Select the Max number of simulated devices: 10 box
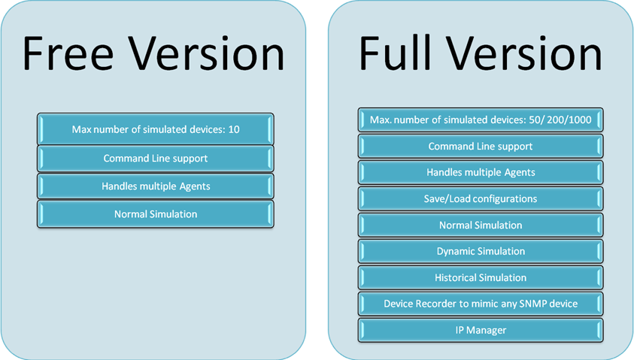point(156,129)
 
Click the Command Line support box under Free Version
point(156,158)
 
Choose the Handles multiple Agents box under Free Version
point(156,186)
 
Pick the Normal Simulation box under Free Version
point(156,214)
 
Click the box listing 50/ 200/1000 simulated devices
point(481,119)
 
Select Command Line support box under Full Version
point(481,146)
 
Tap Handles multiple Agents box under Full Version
point(481,172)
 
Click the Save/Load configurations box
point(481,198)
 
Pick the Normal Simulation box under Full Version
point(481,225)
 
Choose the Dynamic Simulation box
point(481,251)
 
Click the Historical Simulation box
point(481,277)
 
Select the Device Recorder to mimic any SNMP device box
point(481,304)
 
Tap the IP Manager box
point(481,330)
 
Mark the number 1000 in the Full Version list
point(579,119)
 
